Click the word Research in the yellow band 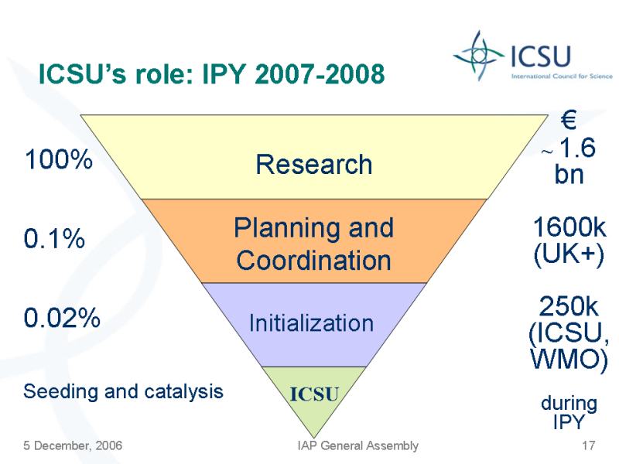(x=314, y=164)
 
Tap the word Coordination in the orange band (x=314, y=261)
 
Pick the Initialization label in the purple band (x=312, y=323)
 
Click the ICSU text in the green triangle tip (x=314, y=394)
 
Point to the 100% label (x=59, y=159)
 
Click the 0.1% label (x=54, y=238)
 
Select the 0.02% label (x=62, y=318)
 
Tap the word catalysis (x=183, y=392)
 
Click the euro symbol (x=569, y=120)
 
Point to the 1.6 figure (x=577, y=148)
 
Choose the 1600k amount (x=569, y=227)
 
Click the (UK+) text (x=569, y=254)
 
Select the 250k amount (x=569, y=306)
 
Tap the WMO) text (x=569, y=359)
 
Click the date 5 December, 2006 (x=73, y=445)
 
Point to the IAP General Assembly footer (x=358, y=445)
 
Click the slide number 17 (x=588, y=445)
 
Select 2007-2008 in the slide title (x=320, y=73)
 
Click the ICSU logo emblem (x=479, y=56)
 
